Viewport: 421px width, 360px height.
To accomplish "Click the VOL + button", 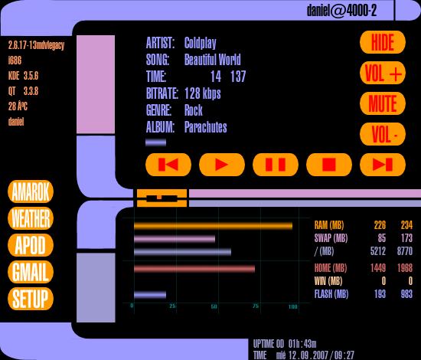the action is click(383, 73).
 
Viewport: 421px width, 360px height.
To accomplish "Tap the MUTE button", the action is click(383, 103).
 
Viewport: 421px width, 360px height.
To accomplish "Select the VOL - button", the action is click(383, 134).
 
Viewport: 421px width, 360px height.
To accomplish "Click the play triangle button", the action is click(222, 165).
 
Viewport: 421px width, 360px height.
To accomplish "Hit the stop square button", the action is click(329, 165).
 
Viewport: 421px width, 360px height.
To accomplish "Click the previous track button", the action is click(168, 165).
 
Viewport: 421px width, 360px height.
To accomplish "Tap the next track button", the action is click(383, 165).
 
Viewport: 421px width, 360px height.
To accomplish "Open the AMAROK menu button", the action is click(31, 191).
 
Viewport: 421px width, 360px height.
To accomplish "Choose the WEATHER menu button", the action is click(31, 218).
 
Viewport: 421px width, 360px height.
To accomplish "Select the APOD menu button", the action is click(31, 245).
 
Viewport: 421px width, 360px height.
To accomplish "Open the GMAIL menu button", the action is click(31, 272).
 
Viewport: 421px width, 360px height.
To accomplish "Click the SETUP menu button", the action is click(31, 299).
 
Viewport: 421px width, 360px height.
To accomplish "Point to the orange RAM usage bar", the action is click(214, 226).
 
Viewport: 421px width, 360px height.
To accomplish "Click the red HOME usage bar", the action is click(194, 269).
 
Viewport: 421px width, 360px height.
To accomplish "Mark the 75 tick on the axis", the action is click(256, 306).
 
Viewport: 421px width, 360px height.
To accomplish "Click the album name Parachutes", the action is click(206, 127).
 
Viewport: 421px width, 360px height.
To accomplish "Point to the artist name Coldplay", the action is click(201, 43).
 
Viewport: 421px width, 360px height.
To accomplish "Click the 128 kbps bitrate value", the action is click(203, 93).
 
